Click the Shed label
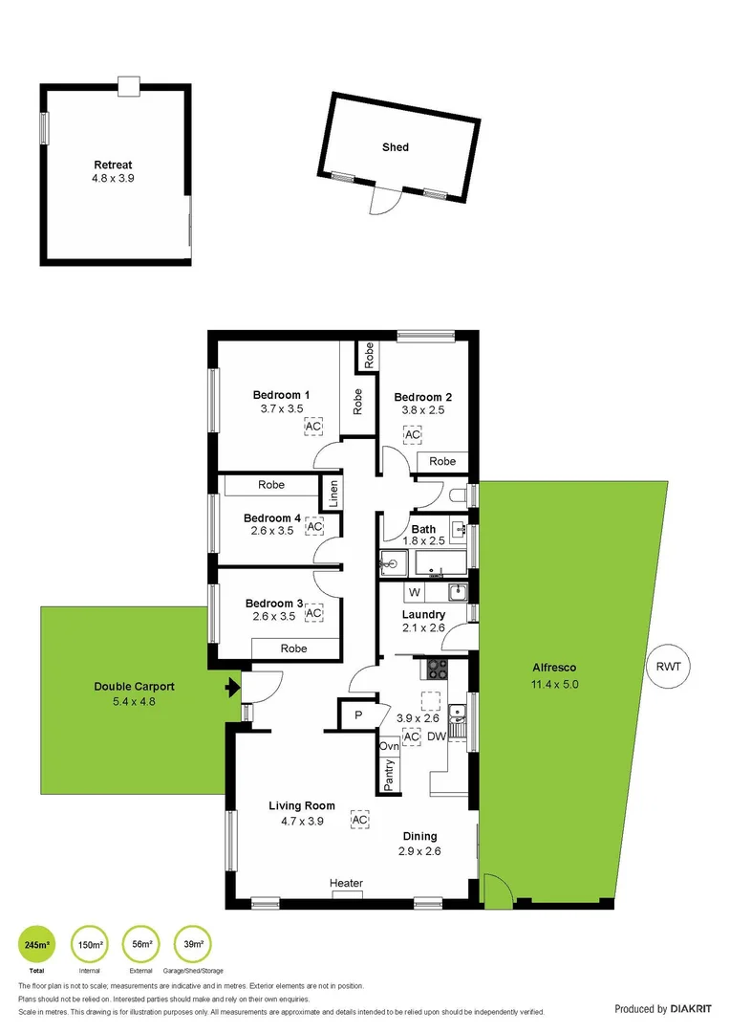tap(396, 147)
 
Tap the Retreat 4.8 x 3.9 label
tap(113, 171)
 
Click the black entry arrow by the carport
tap(230, 687)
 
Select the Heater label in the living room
tap(346, 883)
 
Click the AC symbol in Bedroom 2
tap(413, 435)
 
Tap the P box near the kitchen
tap(358, 714)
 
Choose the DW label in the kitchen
tap(437, 736)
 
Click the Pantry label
tap(389, 775)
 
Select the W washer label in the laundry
tap(415, 592)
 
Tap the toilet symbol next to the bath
tap(459, 495)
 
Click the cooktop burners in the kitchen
tap(437, 667)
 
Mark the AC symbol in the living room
tap(359, 820)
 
